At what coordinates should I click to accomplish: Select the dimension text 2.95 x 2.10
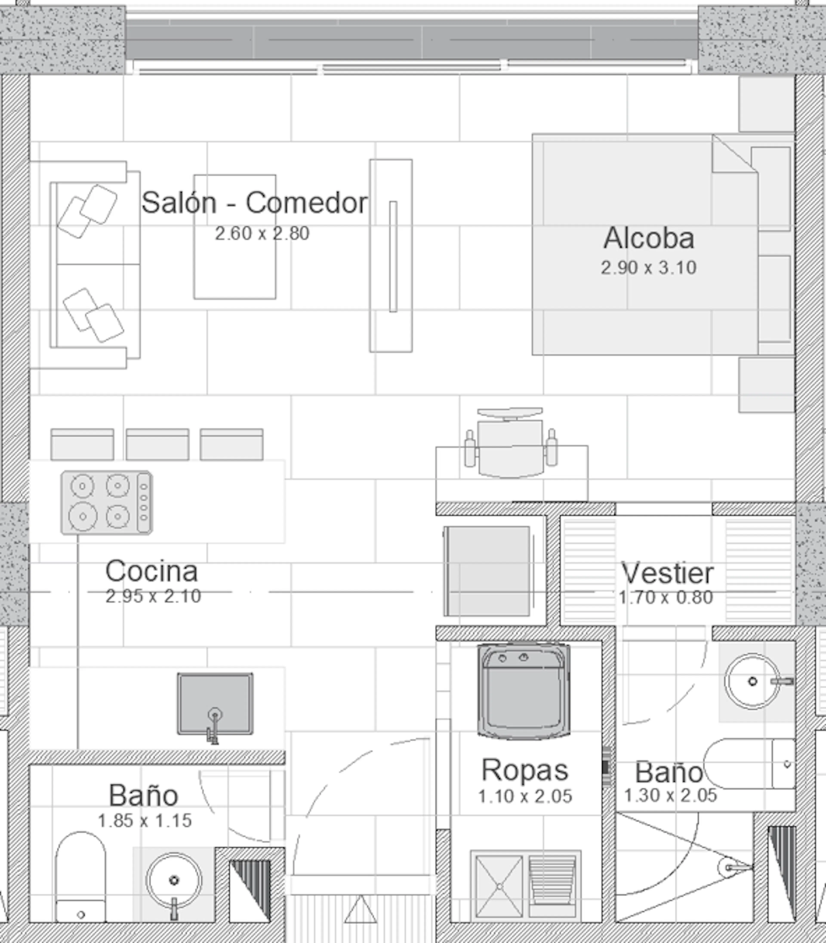pyautogui.click(x=153, y=596)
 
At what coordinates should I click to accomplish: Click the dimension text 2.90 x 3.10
pyautogui.click(x=649, y=267)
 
